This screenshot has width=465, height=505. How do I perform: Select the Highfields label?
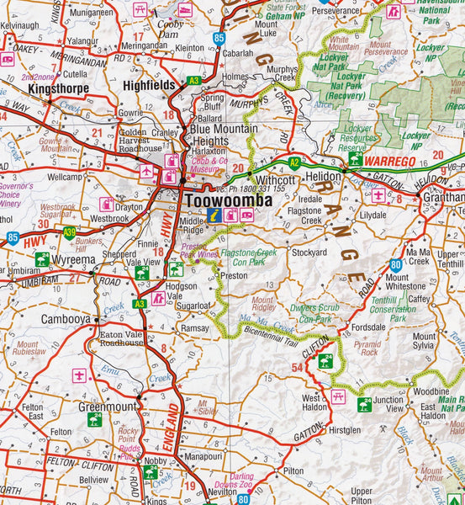[148, 85]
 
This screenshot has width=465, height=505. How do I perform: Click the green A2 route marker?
[293, 160]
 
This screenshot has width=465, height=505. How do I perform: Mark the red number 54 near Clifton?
[297, 368]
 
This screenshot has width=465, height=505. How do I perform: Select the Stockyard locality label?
[309, 252]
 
